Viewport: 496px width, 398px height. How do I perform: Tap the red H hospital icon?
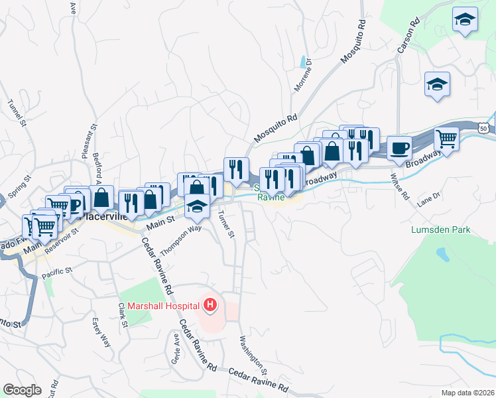210,306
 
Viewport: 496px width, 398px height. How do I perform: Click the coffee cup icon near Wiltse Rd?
399,148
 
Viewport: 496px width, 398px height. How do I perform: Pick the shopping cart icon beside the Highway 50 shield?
446,139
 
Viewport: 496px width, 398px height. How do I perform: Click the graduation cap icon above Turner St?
197,207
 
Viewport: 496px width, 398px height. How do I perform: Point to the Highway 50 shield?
486,127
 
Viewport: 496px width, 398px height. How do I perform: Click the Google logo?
22,390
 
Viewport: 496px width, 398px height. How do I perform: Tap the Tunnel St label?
17,113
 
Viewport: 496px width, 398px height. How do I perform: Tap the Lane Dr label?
429,200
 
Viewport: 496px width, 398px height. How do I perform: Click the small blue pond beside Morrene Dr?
304,62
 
